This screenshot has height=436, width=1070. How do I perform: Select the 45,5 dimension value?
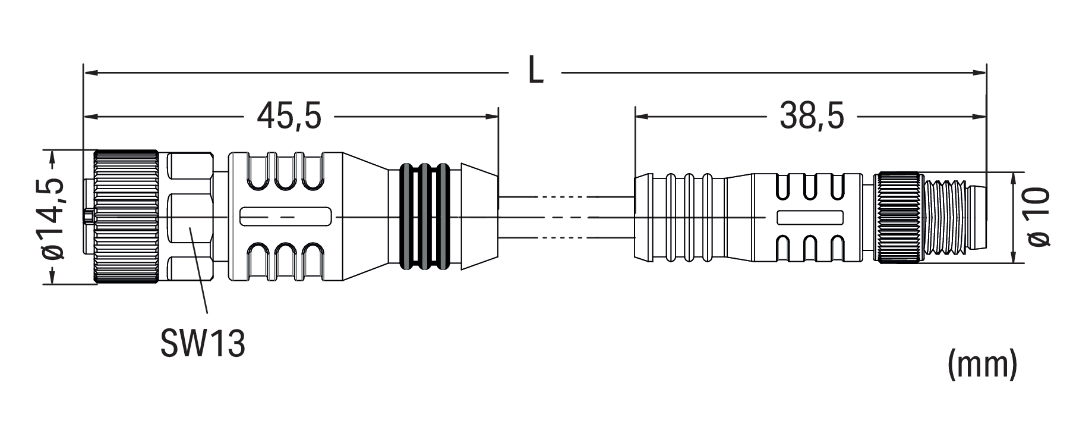point(289,115)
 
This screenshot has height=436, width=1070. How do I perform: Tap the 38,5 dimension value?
point(812,115)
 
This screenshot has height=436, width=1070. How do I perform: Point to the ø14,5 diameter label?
point(53,218)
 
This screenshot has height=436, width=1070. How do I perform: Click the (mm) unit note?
point(981,365)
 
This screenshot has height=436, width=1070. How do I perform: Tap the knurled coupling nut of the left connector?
point(126,218)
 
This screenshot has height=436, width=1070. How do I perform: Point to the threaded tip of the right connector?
point(951,218)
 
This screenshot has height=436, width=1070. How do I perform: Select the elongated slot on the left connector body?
point(285,217)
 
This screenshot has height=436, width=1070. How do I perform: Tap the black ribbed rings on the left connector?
point(424,218)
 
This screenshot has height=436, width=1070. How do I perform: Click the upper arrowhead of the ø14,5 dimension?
point(53,156)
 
